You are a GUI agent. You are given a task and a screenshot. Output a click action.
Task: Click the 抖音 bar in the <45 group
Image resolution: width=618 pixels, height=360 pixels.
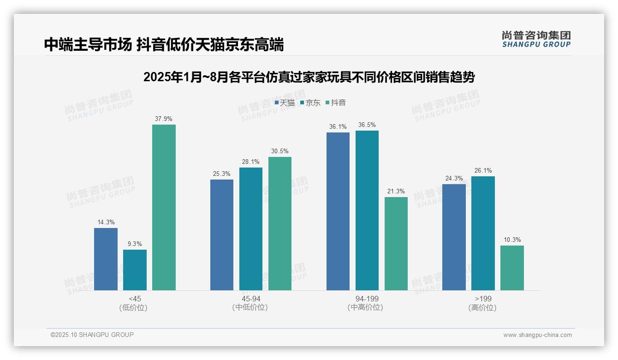(164, 208)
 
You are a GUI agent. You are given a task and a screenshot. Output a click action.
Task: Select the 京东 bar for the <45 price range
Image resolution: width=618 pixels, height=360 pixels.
(135, 270)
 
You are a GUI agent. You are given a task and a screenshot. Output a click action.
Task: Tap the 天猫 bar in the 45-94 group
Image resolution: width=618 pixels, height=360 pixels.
(222, 235)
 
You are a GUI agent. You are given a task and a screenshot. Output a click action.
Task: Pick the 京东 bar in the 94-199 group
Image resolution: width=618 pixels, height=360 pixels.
(367, 210)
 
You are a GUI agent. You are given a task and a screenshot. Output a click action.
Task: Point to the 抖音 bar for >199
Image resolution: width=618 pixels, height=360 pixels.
(512, 268)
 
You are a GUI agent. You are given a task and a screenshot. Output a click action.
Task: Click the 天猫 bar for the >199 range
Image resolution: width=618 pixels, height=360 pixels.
(454, 237)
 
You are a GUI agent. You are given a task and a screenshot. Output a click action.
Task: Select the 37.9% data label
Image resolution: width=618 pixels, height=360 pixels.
(164, 119)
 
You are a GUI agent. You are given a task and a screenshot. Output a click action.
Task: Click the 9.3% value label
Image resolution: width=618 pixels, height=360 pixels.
(135, 244)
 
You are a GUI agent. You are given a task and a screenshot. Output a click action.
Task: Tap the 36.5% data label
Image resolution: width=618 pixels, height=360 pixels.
(367, 125)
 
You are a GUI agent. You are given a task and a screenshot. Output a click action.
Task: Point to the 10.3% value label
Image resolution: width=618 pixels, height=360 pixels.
(512, 240)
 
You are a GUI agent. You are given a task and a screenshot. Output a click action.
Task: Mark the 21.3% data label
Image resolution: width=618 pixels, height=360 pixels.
(396, 192)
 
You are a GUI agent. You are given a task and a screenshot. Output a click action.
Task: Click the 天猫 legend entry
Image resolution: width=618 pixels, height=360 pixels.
(285, 103)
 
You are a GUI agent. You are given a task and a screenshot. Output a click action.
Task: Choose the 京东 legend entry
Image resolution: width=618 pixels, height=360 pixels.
(310, 103)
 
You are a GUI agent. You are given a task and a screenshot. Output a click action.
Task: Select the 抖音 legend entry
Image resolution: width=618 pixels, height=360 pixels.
(336, 103)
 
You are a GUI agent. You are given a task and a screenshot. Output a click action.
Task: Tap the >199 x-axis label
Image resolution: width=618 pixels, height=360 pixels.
(483, 299)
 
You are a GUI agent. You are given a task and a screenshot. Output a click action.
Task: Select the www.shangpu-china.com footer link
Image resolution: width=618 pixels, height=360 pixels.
(537, 335)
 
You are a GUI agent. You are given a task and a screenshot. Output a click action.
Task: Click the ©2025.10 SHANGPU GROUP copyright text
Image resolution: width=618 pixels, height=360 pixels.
(92, 335)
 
